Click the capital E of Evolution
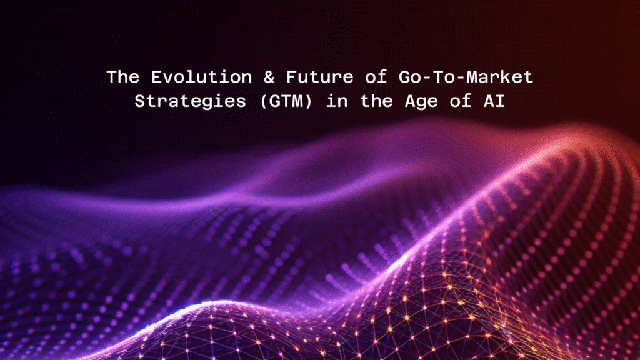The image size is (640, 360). pos(149,77)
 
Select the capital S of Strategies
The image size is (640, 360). pos(139,101)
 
